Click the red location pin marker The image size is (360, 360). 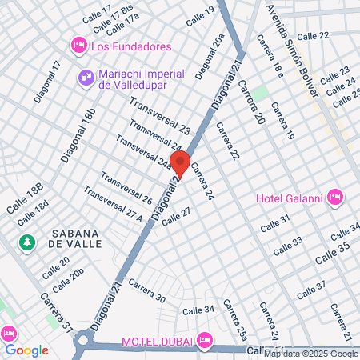180,163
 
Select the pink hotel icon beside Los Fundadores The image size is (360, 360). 78,45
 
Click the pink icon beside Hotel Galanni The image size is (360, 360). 334,196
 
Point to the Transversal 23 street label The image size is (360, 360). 160,116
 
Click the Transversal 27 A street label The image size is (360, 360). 112,205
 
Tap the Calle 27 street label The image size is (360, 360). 176,217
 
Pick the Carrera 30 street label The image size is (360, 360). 147,293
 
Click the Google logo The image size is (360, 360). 26,350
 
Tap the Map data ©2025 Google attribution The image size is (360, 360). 311,354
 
